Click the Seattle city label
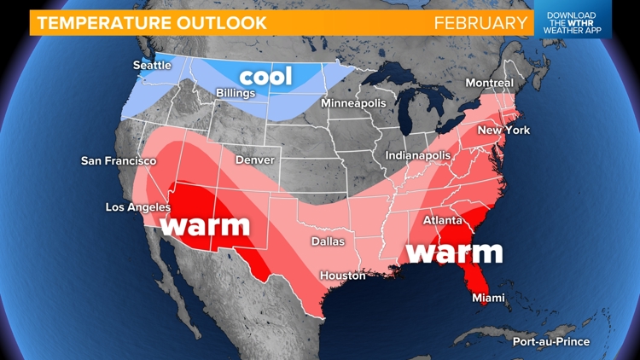click(152, 66)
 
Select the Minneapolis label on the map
click(353, 103)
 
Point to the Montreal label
click(489, 83)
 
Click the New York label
click(503, 131)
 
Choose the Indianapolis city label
click(418, 156)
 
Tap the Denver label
click(255, 160)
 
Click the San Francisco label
click(119, 160)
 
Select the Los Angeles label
click(138, 207)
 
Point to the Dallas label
click(328, 241)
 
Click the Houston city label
click(343, 276)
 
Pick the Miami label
click(489, 298)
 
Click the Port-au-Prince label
click(550, 342)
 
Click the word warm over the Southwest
click(205, 226)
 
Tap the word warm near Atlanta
click(453, 252)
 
